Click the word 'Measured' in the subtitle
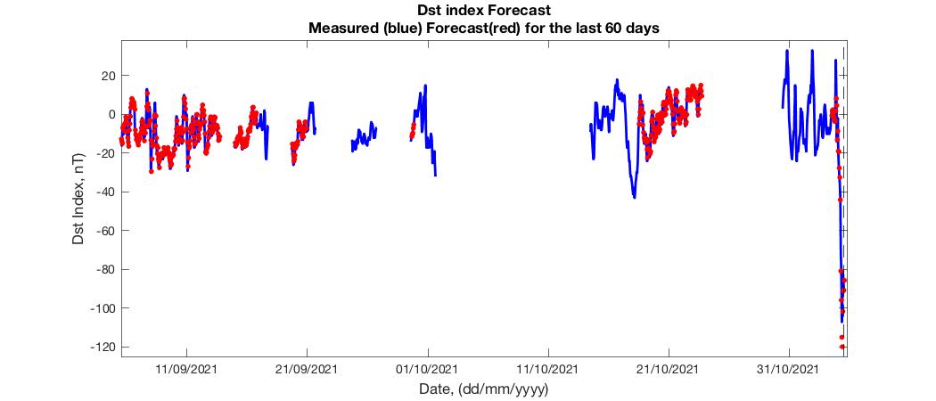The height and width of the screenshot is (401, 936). pos(343,28)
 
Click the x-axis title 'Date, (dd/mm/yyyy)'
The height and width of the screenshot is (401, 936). pos(483,389)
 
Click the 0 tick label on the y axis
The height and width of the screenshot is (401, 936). pos(111,114)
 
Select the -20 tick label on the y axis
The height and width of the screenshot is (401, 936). pos(105,153)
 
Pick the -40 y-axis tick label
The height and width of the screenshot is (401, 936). pos(105,192)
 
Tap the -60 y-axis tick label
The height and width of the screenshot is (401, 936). pos(105,231)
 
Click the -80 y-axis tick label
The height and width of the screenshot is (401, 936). pos(105,269)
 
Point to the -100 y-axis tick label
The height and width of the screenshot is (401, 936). pos(103,308)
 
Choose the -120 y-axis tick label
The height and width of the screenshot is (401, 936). pos(103,347)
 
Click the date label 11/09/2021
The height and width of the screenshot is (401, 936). pos(186,368)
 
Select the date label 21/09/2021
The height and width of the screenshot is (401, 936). pos(307,368)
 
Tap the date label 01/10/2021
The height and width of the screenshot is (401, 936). pos(427,368)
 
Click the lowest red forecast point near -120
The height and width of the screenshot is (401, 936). pos(842,347)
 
